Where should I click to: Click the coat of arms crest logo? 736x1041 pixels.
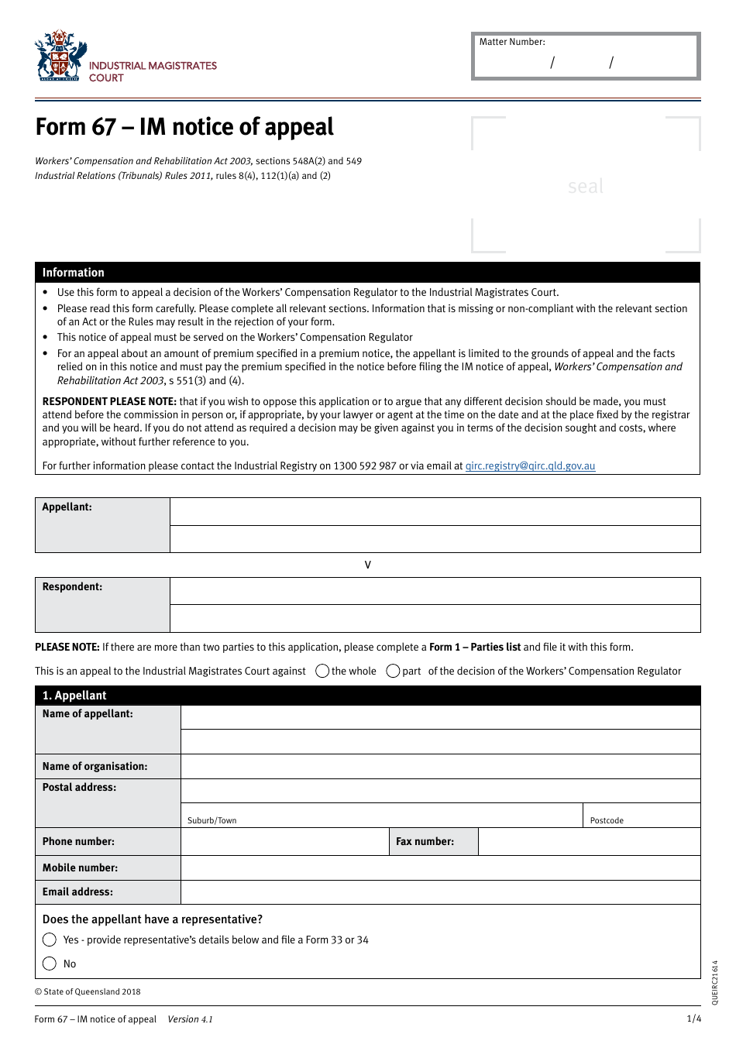[60, 56]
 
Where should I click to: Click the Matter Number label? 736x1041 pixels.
[512, 42]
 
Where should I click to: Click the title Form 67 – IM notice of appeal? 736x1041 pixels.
[184, 127]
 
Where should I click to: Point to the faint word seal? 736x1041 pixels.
[585, 187]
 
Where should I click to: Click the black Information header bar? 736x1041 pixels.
[367, 273]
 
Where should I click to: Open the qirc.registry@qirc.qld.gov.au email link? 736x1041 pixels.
[530, 466]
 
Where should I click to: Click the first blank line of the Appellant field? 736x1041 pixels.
[435, 512]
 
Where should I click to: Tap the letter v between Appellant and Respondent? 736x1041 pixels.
[368, 565]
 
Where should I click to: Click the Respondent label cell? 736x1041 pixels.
[102, 604]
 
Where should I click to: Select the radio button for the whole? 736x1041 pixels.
[323, 672]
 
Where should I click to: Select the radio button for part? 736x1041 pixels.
[394, 672]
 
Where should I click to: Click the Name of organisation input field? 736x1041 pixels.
[440, 767]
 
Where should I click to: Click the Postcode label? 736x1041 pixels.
[607, 821]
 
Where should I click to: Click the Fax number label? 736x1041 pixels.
[425, 842]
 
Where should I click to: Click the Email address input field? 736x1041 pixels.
[440, 892]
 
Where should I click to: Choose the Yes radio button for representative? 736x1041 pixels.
[50, 940]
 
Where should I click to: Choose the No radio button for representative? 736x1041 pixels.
[50, 964]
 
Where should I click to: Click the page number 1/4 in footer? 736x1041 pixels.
[693, 1019]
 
